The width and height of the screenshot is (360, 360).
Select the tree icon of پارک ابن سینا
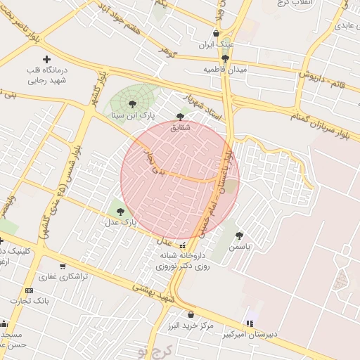(133, 104)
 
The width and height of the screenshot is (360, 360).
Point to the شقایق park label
(181, 128)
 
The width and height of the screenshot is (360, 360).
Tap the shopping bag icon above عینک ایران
(215, 33)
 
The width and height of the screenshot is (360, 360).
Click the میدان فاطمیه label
(224, 70)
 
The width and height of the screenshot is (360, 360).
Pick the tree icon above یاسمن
(239, 236)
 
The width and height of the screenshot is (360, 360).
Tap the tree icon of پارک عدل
(120, 210)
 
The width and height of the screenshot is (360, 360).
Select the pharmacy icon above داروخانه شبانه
(183, 246)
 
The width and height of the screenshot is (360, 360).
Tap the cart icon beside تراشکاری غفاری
(63, 266)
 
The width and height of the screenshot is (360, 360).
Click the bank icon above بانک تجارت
(29, 290)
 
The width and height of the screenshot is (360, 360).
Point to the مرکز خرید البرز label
(190, 327)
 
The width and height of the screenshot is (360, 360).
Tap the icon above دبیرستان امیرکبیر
(249, 323)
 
